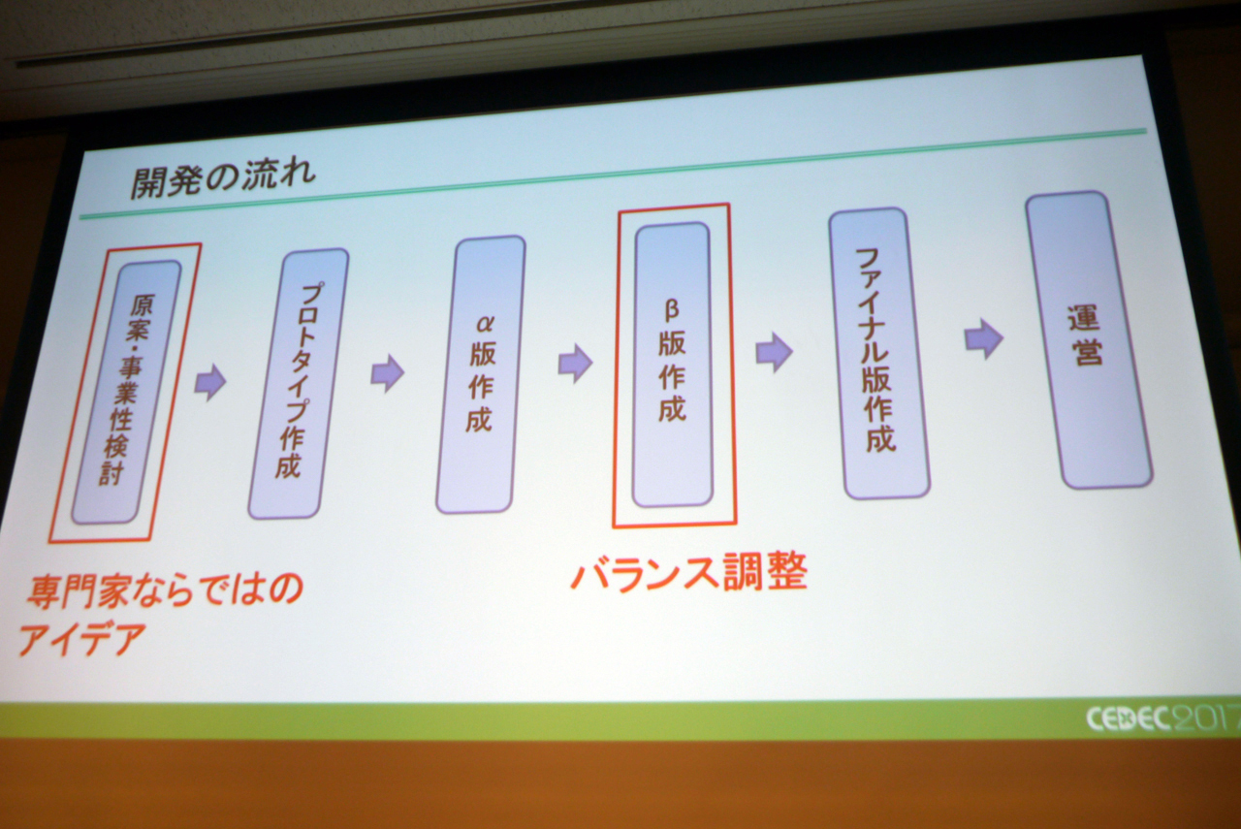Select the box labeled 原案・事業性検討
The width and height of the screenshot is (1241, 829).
(x=126, y=392)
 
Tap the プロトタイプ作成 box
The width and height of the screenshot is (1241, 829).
(x=298, y=383)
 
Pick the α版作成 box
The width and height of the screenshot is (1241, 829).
(x=481, y=374)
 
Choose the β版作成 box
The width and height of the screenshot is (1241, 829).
(x=672, y=365)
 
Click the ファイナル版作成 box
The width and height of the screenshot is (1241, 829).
(x=879, y=354)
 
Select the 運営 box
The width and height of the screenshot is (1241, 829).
(x=1089, y=340)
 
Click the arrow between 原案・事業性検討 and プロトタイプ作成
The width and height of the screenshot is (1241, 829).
(x=210, y=382)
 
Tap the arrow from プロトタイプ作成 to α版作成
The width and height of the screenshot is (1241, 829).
(x=388, y=373)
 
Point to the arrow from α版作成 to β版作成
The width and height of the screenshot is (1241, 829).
(x=575, y=364)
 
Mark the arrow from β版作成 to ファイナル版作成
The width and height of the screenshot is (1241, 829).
(x=774, y=352)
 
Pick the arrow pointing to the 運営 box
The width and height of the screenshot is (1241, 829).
(x=984, y=338)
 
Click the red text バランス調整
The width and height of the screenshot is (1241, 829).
(x=689, y=572)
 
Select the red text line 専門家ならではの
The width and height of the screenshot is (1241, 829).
(x=165, y=591)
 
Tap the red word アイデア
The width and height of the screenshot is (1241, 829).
(x=82, y=639)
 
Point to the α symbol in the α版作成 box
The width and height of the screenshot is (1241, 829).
(x=484, y=324)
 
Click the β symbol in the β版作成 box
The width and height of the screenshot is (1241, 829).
(x=672, y=310)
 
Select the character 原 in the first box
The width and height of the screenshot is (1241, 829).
(x=142, y=304)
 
